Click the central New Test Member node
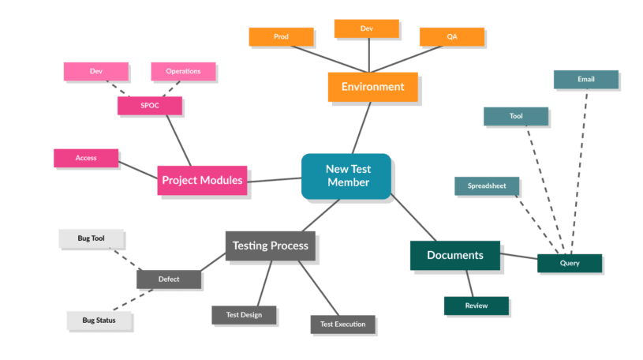[x=346, y=175]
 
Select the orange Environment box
[x=372, y=87]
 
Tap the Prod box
[x=281, y=36]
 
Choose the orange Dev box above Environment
[x=366, y=28]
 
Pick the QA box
[x=452, y=36]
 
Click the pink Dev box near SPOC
[x=95, y=71]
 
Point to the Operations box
[x=183, y=71]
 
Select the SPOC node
[x=149, y=105]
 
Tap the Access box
[x=86, y=158]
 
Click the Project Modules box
[x=201, y=180]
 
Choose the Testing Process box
[x=271, y=246]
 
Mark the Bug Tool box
[x=92, y=238]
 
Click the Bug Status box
[x=99, y=320]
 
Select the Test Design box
[x=244, y=315]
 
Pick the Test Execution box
[x=342, y=324]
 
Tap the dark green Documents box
[x=455, y=255]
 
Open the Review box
[x=476, y=306]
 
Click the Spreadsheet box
[x=487, y=186]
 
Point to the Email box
[x=585, y=79]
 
